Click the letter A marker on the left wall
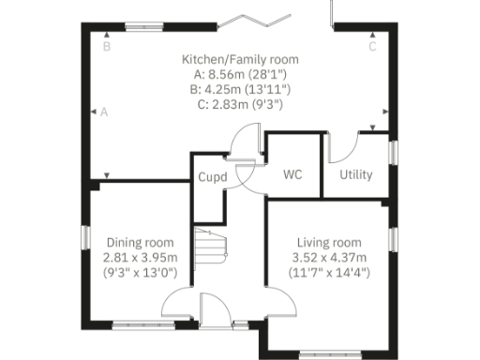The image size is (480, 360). (104, 112)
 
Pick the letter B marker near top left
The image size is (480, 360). (107, 45)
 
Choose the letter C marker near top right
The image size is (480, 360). (371, 45)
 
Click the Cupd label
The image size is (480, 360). (209, 176)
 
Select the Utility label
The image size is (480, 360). (356, 174)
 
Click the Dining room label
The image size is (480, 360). (140, 242)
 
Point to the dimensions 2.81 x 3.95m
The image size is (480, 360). (140, 258)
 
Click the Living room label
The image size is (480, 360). (329, 242)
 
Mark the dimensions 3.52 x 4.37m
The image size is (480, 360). (329, 258)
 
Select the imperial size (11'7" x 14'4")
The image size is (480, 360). (329, 274)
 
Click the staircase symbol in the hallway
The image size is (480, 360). (211, 251)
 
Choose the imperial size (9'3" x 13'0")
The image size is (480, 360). (140, 274)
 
